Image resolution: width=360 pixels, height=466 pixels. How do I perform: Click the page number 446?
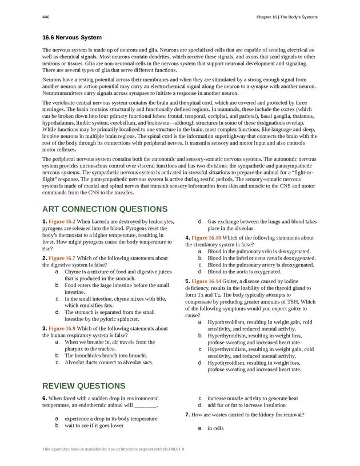[46, 17]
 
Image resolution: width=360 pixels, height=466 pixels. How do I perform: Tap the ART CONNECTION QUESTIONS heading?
[105, 209]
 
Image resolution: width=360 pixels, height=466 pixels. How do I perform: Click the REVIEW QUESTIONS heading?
[84, 386]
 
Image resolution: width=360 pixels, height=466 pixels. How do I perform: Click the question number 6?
[45, 398]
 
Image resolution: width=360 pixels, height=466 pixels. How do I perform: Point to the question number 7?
[188, 414]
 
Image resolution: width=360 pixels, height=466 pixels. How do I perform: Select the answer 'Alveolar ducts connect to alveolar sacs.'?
[109, 362]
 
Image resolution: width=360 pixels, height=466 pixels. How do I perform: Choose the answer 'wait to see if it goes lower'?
[94, 425]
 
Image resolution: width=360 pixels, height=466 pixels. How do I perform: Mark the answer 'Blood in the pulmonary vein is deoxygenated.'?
[259, 251]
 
